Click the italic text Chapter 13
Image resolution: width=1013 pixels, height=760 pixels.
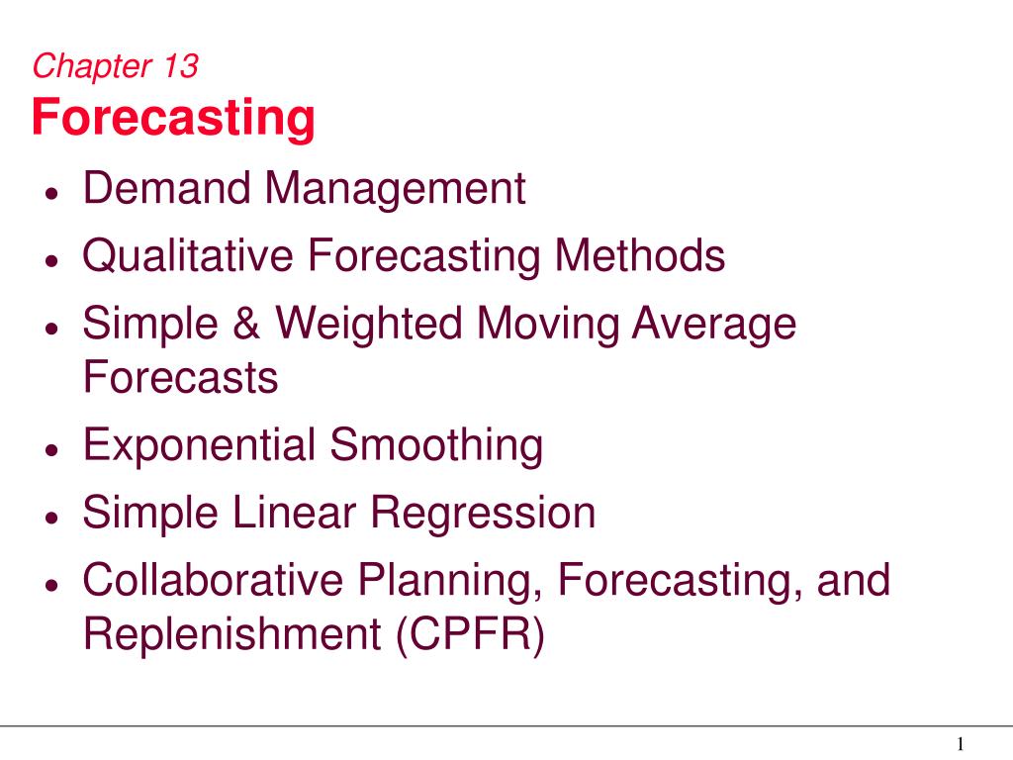tap(116, 66)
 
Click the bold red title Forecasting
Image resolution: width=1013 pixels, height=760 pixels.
tap(173, 119)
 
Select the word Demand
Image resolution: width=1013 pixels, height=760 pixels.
tap(166, 188)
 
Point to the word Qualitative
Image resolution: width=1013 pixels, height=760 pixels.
tap(188, 256)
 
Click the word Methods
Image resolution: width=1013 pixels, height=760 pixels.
tap(640, 255)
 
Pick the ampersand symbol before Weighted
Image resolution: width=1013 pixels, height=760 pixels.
tap(246, 323)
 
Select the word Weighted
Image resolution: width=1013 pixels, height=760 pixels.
tap(369, 325)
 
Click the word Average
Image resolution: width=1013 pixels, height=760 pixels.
tap(714, 325)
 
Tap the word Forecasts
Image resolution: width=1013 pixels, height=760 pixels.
tap(180, 377)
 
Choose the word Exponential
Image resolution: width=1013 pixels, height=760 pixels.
tap(199, 446)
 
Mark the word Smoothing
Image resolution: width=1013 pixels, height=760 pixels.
tap(436, 446)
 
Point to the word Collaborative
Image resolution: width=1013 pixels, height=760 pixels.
tap(214, 579)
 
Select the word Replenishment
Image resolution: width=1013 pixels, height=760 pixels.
tap(231, 634)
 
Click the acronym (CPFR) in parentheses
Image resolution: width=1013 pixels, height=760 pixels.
tap(470, 634)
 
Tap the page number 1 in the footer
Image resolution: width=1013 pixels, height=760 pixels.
tap(961, 744)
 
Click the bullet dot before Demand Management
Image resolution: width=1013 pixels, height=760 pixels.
tap(52, 193)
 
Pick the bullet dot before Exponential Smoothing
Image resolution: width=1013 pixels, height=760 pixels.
tap(52, 449)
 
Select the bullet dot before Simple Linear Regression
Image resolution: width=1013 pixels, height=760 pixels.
tap(52, 517)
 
